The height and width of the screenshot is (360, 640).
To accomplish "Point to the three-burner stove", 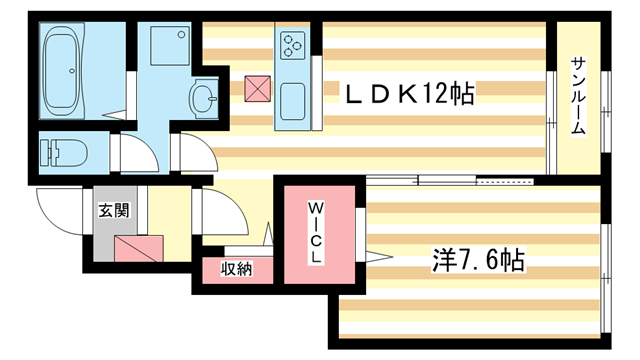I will pyautogui.click(x=293, y=44).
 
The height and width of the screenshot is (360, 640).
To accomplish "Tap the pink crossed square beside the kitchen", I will pyautogui.click(x=257, y=89).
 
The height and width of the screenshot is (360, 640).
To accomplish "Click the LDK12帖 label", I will pyautogui.click(x=408, y=95).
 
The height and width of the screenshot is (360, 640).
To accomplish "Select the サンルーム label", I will pyautogui.click(x=578, y=97).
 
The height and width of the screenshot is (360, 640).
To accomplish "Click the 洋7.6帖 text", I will pyautogui.click(x=477, y=263).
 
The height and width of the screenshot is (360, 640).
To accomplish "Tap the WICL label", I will pyautogui.click(x=315, y=232).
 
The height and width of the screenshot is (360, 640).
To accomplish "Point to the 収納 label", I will pyautogui.click(x=236, y=269).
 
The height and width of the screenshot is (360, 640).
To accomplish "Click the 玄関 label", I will pyautogui.click(x=112, y=211).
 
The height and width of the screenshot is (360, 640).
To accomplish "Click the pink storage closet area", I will pyautogui.click(x=236, y=270).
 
